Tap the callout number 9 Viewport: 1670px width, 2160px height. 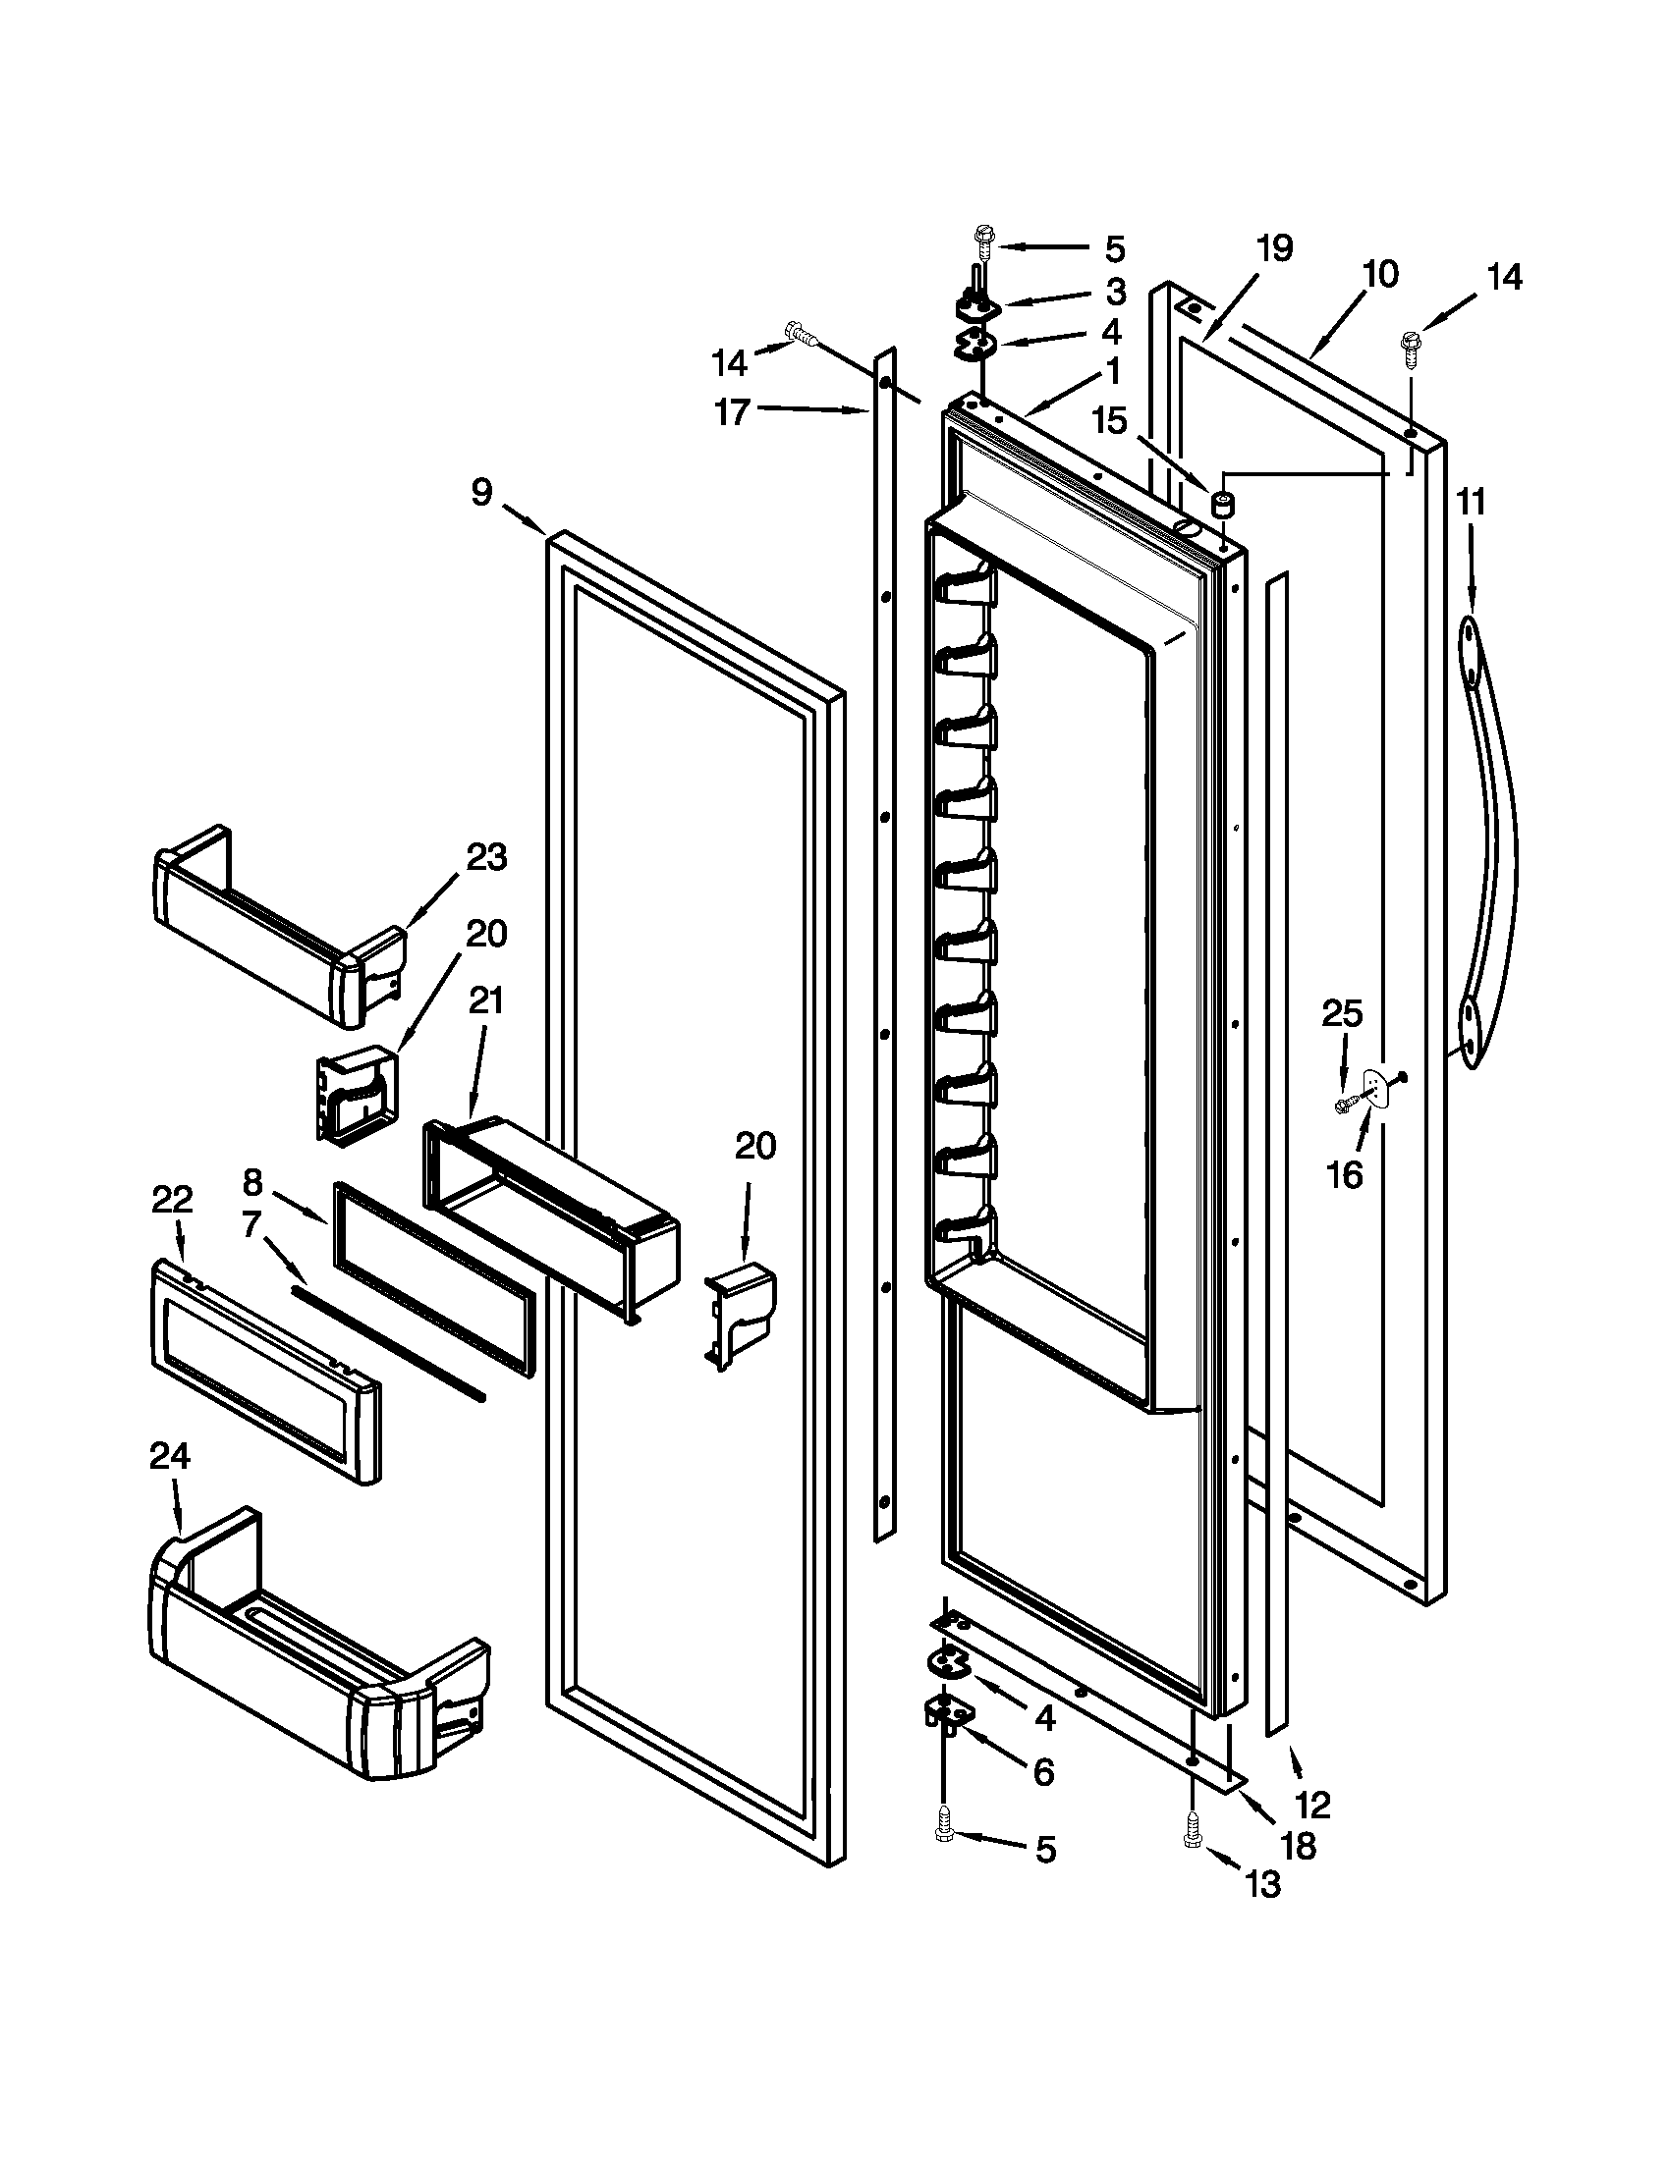tap(481, 492)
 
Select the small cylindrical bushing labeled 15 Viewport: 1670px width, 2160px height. tap(1224, 507)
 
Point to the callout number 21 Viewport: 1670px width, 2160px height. tap(485, 1001)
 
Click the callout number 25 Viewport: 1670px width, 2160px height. tap(1343, 1014)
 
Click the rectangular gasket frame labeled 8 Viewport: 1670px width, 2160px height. tap(435, 1275)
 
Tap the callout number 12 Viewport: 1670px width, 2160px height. tap(1311, 1805)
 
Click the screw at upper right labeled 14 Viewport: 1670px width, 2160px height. tap(1408, 346)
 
